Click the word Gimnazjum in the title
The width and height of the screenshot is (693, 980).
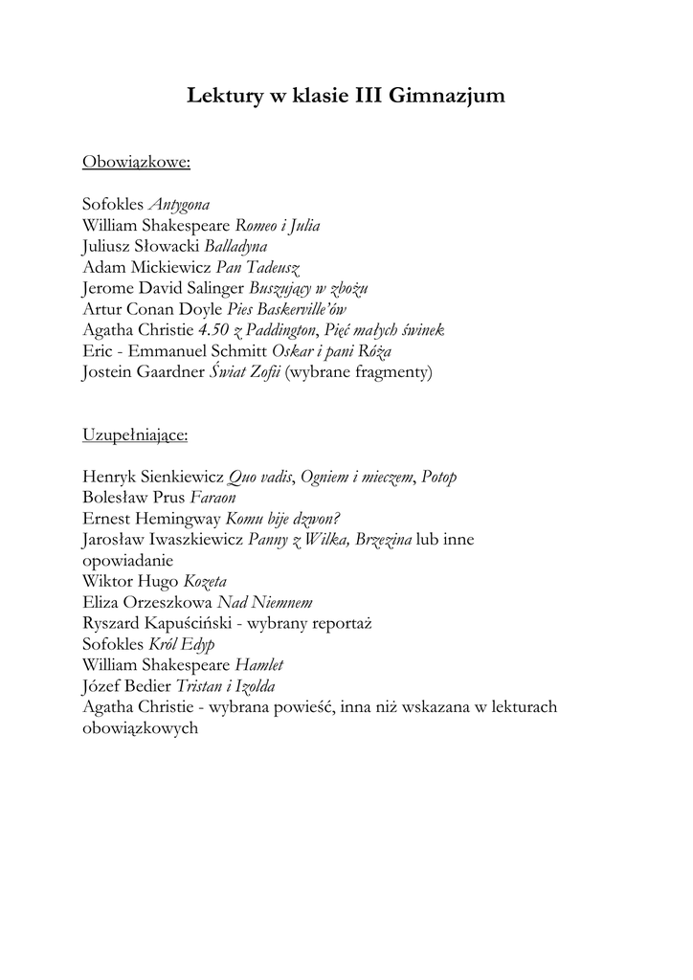[448, 97]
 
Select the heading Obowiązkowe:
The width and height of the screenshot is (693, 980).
[137, 162]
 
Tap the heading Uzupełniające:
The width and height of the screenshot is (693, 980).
[135, 435]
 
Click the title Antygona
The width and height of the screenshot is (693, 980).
[179, 205]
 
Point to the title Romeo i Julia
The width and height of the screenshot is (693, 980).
[278, 226]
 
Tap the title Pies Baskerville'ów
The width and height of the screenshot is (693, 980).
[287, 309]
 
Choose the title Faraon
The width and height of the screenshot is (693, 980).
[212, 499]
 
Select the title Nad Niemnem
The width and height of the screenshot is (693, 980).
[265, 603]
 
